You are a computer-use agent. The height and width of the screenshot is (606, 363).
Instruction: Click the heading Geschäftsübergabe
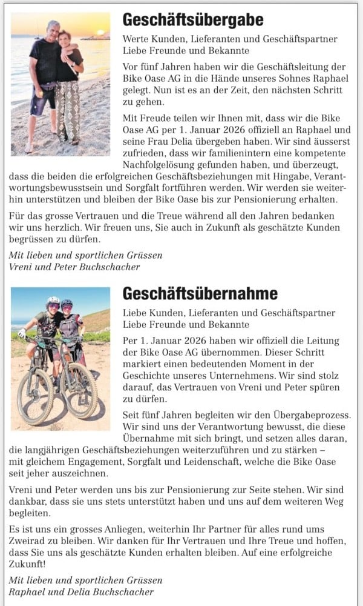click(193, 21)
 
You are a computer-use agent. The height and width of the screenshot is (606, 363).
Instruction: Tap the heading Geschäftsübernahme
click(200, 294)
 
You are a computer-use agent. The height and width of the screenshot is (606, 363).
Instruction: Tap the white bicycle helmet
click(53, 300)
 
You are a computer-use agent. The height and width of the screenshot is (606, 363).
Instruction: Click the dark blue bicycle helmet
click(67, 302)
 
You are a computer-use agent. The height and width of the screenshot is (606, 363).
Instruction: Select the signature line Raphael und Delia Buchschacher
click(82, 591)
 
